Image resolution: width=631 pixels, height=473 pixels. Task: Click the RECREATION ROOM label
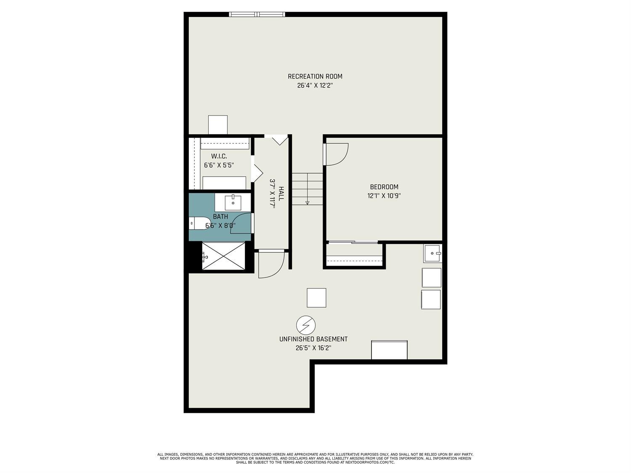tap(315, 77)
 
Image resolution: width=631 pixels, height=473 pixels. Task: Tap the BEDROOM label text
tap(384, 187)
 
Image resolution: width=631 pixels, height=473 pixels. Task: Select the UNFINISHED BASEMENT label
tap(313, 339)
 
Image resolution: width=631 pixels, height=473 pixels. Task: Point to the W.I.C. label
tap(219, 156)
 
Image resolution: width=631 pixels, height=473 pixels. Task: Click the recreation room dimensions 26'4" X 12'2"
tap(315, 86)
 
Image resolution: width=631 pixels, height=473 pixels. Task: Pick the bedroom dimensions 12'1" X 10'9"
tap(384, 196)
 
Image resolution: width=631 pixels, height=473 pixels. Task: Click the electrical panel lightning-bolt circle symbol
tap(306, 325)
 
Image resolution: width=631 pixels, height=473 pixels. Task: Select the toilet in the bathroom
tap(199, 223)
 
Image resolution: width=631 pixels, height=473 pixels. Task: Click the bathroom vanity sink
tap(233, 203)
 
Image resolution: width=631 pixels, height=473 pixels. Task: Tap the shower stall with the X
tap(223, 256)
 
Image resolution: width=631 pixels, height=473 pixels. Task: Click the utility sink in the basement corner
tap(432, 253)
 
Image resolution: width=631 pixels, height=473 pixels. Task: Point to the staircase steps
tap(307, 189)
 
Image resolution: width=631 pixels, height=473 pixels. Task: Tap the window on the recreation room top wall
tap(257, 15)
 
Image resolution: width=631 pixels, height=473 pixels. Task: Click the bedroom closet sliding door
tap(353, 242)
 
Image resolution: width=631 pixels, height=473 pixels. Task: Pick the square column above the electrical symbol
tap(316, 298)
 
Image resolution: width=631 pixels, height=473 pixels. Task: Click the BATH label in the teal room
tap(220, 217)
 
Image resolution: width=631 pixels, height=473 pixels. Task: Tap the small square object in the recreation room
tap(218, 125)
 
